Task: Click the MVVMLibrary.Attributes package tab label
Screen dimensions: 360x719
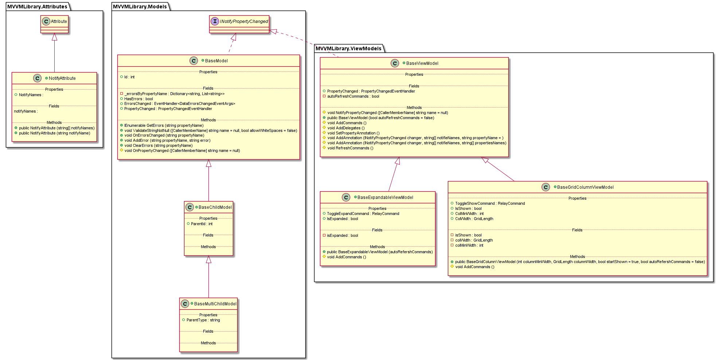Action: pos(37,7)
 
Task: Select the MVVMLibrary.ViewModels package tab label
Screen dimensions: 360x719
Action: pos(348,48)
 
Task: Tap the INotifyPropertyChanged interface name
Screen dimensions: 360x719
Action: pos(244,21)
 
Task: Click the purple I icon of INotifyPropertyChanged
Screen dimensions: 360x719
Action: pos(215,21)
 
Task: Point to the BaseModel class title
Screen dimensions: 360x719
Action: pos(216,61)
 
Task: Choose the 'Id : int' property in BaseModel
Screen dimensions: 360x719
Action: pos(129,77)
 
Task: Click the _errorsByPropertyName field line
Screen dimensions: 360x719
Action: pos(174,94)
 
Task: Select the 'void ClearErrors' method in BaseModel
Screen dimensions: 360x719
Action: pos(158,146)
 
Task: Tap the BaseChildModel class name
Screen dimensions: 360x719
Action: pos(215,207)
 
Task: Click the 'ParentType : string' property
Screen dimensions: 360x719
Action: pos(203,320)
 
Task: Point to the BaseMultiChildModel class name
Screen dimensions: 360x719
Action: pos(215,304)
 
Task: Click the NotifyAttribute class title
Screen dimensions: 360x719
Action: pos(62,78)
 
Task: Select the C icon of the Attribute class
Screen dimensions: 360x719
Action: pos(46,21)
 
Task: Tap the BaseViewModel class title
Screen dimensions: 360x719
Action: pos(422,63)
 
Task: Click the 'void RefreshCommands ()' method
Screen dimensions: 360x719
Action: pos(350,148)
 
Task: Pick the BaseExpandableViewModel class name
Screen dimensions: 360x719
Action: pos(385,197)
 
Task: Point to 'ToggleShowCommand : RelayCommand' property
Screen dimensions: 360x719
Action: pos(490,204)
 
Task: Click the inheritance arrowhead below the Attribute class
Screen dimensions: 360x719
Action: pos(54,37)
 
